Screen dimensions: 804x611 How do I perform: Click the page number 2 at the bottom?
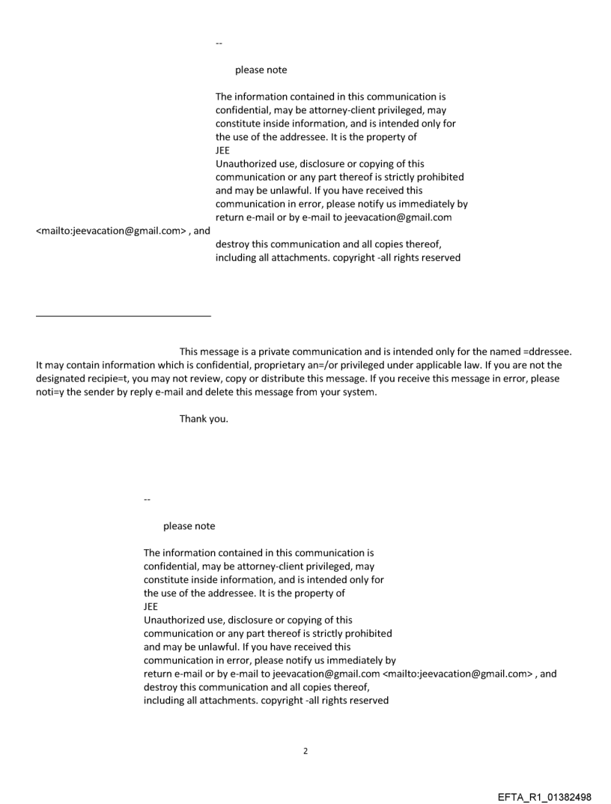pos(305,751)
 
